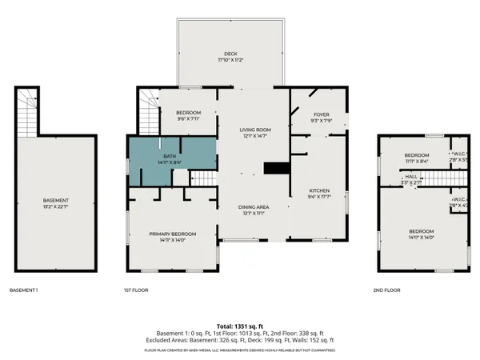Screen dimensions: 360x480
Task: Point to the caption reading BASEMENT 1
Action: (x=24, y=290)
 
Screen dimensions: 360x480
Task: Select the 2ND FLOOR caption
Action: (x=386, y=290)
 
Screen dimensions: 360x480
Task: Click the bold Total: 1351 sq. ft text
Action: (x=239, y=326)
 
